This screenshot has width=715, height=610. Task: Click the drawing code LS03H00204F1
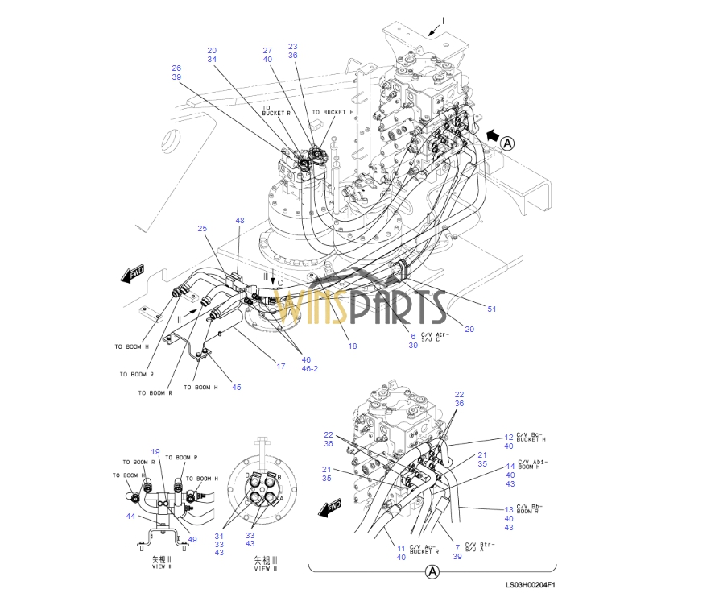click(530, 586)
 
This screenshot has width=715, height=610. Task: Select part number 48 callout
click(239, 220)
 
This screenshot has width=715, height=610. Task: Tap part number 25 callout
click(203, 229)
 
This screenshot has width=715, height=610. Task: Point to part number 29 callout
click(469, 329)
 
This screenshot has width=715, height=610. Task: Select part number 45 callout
click(236, 387)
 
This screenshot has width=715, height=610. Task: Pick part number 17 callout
click(281, 367)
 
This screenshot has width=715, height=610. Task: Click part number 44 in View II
click(130, 516)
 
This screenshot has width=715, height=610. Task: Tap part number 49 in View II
click(192, 539)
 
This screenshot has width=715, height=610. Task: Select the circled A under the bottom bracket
click(432, 572)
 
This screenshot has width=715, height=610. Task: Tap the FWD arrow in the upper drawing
click(132, 275)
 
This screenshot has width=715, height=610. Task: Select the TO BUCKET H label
click(333, 112)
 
